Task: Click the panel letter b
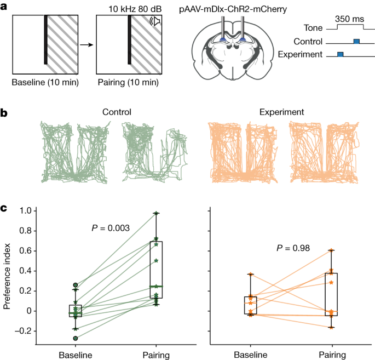(x=4, y=113)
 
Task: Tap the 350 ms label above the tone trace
(x=348, y=18)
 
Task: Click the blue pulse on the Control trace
(x=356, y=41)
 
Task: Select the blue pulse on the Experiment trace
(x=340, y=54)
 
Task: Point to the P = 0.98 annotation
(x=293, y=248)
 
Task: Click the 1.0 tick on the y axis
(x=24, y=211)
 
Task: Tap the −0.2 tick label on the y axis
(x=22, y=331)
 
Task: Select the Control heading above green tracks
(x=117, y=112)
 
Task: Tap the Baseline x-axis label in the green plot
(x=76, y=355)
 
